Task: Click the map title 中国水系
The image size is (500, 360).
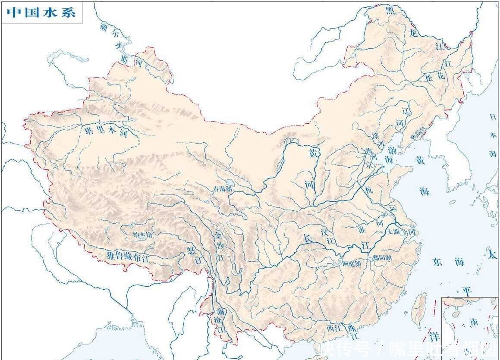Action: click(x=41, y=13)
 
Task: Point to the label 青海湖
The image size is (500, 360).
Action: click(x=223, y=189)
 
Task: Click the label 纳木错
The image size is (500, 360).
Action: click(x=142, y=235)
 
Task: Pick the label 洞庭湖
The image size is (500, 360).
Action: click(x=352, y=264)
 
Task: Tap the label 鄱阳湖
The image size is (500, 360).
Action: click(x=382, y=258)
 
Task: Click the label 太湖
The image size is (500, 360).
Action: click(x=393, y=232)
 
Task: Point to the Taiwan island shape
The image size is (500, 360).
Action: click(x=418, y=310)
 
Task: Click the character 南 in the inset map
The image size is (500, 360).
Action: click(x=474, y=322)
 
